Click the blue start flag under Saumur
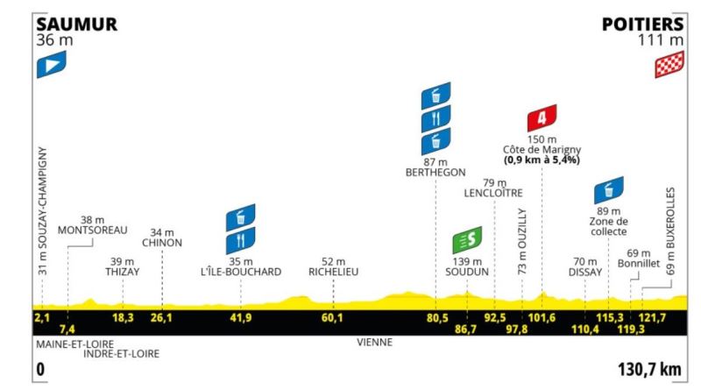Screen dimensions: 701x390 click(x=52, y=64)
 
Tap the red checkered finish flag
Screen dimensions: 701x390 click(x=669, y=64)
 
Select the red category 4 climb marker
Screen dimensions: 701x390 click(x=542, y=117)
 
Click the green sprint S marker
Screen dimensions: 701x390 click(x=467, y=240)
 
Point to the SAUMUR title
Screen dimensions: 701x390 click(x=76, y=25)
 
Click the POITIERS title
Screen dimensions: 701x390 click(x=643, y=25)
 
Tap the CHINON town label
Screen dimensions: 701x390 click(x=162, y=243)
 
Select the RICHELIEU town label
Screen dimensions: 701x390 click(x=334, y=272)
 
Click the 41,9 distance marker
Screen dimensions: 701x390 click(x=240, y=317)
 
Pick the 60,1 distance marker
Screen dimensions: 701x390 click(x=332, y=317)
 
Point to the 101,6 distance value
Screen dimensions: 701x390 click(x=542, y=317)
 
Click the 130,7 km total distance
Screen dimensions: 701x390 click(x=649, y=370)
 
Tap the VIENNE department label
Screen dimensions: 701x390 click(x=375, y=343)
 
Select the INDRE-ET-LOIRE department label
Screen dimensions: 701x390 click(x=122, y=354)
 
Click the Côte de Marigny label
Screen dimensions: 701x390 click(x=542, y=150)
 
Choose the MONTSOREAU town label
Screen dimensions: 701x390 click(x=93, y=230)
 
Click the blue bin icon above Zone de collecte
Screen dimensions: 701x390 click(x=609, y=190)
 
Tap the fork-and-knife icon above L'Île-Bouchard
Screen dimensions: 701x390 click(x=241, y=241)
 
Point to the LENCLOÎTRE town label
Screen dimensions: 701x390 click(x=493, y=193)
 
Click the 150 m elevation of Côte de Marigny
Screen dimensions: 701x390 click(x=542, y=139)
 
